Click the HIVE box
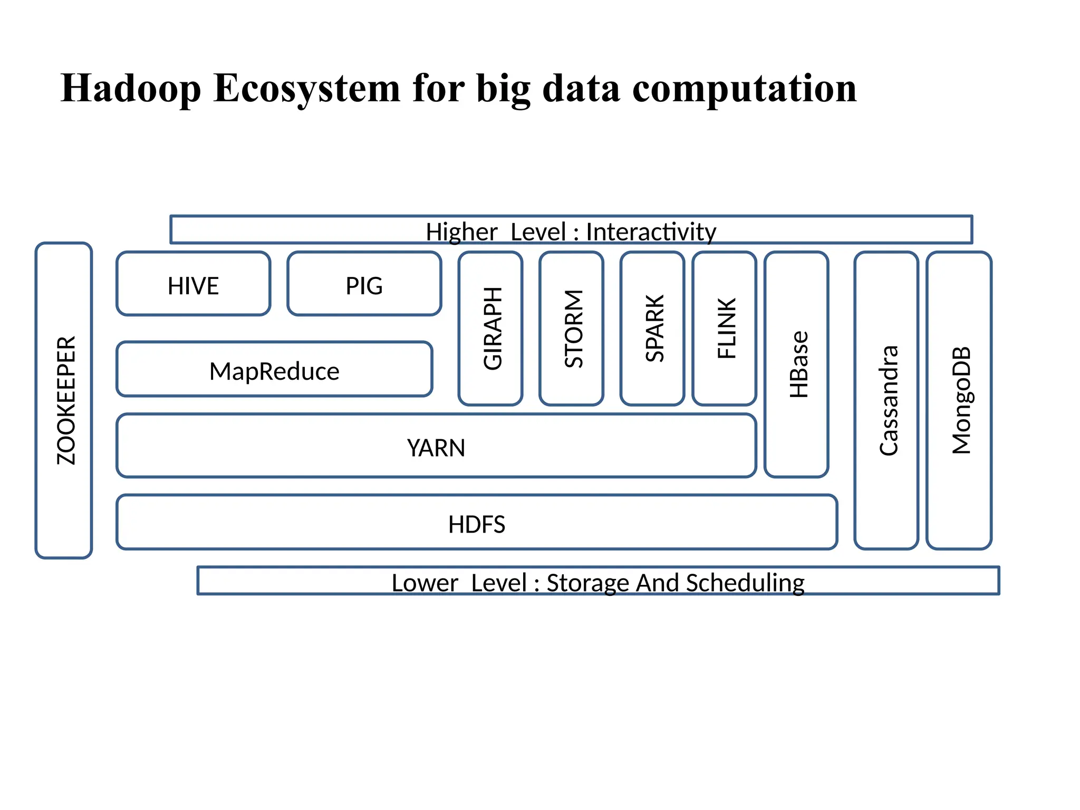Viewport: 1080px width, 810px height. [193, 285]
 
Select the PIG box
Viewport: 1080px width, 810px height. [364, 285]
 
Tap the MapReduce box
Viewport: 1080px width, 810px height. [274, 371]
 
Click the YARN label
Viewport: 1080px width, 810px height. [436, 448]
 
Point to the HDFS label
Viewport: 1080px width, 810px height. [477, 524]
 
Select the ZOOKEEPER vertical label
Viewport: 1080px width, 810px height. [66, 401]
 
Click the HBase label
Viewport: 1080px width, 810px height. [798, 364]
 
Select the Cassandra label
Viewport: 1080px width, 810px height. [888, 401]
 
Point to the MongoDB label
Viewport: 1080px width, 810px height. [961, 401]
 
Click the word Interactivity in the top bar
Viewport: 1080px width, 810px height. [651, 232]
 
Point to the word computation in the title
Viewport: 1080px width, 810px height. [744, 88]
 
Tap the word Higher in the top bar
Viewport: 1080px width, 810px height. [461, 232]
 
